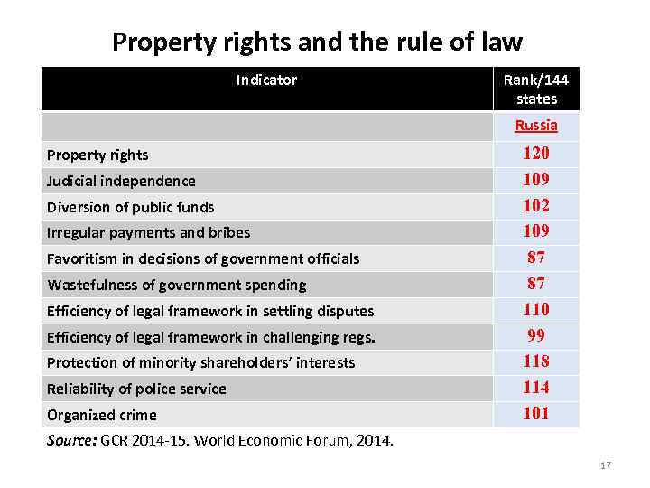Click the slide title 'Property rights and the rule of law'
tap(317, 42)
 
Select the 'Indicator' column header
tap(266, 80)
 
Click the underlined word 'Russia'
tap(536, 126)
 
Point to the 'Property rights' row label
tap(98, 155)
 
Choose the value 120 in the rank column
tap(536, 154)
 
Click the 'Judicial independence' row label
tap(122, 181)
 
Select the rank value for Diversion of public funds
tap(536, 205)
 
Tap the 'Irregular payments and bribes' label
tap(149, 233)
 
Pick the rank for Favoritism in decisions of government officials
tap(536, 258)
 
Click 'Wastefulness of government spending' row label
tap(177, 286)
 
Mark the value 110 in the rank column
tap(536, 309)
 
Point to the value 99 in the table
tap(536, 335)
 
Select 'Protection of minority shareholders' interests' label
tap(201, 363)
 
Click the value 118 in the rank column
tap(536, 361)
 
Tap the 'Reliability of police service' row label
tap(137, 389)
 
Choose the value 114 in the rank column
tap(536, 388)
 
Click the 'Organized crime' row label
tap(102, 416)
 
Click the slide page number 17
tap(605, 465)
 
